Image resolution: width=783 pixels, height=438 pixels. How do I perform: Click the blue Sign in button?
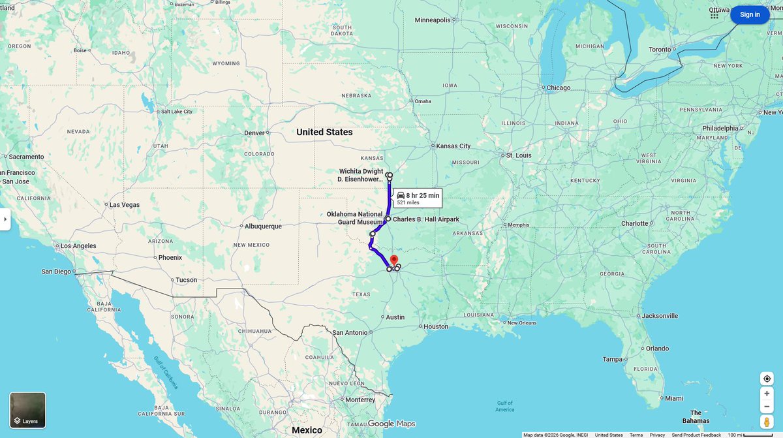750,14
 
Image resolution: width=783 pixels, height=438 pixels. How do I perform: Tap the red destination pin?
394,261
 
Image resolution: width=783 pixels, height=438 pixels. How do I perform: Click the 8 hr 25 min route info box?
418,198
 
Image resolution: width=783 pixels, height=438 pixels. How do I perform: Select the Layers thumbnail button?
28,410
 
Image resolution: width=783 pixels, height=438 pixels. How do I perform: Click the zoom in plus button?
767,393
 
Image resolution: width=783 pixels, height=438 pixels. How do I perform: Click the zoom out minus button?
767,407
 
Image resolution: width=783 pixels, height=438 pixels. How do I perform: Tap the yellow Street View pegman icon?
767,422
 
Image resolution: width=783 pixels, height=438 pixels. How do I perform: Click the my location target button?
767,379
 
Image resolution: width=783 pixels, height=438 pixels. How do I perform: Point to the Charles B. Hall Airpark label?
426,219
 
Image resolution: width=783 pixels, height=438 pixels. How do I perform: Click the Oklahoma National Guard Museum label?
354,218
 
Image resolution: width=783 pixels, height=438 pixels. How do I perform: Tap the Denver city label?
254,133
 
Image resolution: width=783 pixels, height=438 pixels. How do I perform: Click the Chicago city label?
559,87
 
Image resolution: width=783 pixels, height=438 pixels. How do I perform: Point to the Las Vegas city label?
124,204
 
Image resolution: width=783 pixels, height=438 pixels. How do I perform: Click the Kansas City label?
453,146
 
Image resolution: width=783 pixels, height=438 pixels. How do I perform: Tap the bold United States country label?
324,132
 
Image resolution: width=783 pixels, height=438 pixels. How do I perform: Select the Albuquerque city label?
263,226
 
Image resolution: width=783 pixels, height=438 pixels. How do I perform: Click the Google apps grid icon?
714,14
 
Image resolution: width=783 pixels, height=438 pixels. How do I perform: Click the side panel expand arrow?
5,219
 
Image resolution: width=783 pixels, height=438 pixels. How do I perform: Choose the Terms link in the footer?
636,435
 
